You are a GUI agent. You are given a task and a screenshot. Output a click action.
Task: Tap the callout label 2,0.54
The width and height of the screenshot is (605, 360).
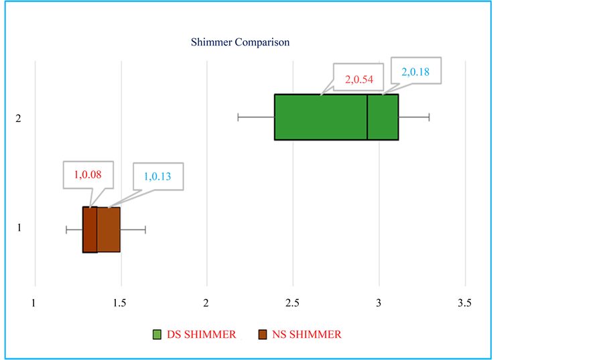(358, 79)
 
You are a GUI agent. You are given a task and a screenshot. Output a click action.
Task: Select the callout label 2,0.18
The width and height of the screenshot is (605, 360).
(415, 71)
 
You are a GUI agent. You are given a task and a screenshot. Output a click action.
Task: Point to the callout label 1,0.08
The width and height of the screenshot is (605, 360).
(88, 175)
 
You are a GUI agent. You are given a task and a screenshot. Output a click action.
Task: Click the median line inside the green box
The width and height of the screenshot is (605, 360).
(367, 117)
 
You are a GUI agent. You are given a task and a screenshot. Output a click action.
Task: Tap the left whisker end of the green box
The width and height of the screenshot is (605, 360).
(239, 117)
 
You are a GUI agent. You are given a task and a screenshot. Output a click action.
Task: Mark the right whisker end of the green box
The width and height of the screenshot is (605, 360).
(429, 117)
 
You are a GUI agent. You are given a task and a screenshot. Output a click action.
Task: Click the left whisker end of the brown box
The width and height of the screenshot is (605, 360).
(66, 230)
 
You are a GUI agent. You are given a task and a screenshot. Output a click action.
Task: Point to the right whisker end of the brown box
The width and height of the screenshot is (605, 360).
(145, 230)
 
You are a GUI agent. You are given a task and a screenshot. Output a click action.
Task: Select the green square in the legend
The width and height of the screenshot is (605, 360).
(157, 335)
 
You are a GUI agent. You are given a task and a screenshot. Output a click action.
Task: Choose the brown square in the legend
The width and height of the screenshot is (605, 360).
(263, 335)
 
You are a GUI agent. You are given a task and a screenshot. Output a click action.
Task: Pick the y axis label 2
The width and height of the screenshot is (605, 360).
(19, 119)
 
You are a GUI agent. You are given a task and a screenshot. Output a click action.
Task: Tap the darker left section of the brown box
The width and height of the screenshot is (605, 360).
(90, 230)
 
